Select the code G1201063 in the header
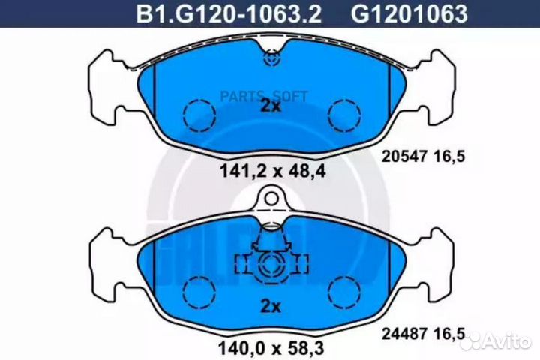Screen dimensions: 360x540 (409, 13)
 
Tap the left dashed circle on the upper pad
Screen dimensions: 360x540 (198, 114)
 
